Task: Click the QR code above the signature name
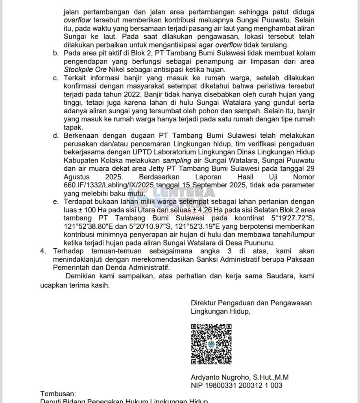click(211, 344)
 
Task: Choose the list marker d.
click(56, 136)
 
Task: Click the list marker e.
click(56, 202)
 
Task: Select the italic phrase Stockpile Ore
click(82, 70)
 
